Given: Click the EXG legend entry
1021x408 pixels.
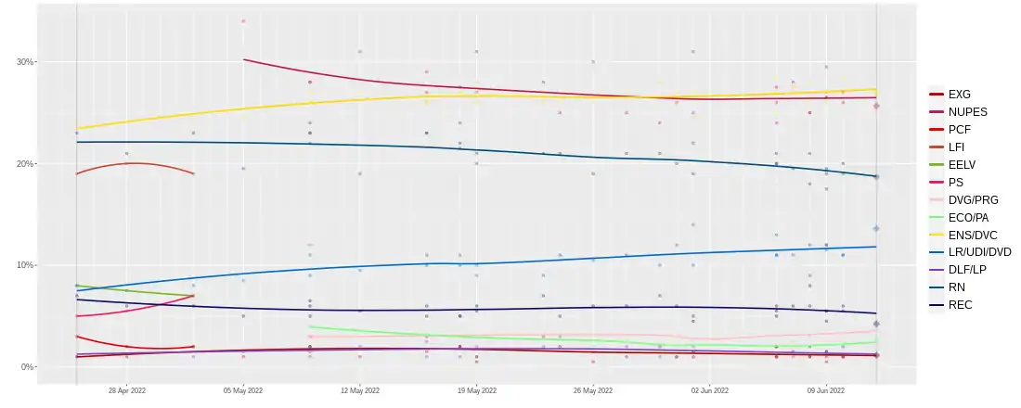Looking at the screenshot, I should pos(959,94).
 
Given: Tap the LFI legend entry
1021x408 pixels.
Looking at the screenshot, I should pos(958,147).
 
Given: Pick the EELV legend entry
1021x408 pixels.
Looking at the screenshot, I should pos(962,164).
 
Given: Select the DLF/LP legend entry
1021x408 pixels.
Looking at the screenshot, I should pos(968,269).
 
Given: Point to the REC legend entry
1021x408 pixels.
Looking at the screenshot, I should pos(960,304).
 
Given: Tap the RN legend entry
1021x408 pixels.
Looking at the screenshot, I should pos(957,287).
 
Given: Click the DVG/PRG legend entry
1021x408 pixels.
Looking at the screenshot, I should pos(972,199).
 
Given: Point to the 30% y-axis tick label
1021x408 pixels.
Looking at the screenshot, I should pos(25,62).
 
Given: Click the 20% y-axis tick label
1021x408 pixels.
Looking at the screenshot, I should pos(25,164).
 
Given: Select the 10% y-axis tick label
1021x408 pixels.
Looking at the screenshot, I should pos(25,265).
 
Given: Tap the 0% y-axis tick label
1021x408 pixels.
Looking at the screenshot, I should pos(28,367).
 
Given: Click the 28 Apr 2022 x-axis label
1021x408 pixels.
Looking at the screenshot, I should pos(127,391).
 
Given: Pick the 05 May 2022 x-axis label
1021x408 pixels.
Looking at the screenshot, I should pos(243,391).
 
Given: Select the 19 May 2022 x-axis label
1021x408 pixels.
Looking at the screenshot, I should pos(476,391).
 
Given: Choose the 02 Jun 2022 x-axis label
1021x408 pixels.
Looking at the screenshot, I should pos(709,391).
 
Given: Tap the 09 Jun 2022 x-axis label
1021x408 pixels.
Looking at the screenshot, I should pos(825,391).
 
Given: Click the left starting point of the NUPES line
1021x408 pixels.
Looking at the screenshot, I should pos(244,59).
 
